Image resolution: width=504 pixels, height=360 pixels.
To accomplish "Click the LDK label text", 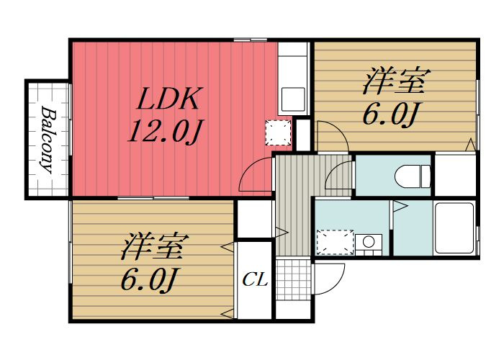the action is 168,99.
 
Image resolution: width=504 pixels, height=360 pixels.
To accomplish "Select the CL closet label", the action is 255,280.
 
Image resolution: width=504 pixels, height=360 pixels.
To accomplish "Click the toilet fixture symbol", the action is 413,176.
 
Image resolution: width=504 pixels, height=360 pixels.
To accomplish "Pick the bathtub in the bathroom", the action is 454,228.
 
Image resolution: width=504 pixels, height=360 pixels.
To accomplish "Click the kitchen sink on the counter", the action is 293,99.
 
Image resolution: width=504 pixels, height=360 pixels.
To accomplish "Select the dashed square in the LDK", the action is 278,132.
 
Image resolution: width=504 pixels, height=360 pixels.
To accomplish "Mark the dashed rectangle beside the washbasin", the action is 336,243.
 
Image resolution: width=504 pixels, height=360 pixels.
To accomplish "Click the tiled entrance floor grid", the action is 294,279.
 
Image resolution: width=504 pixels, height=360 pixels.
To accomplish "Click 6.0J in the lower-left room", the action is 148,280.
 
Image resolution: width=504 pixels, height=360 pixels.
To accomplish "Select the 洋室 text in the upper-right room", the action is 396,81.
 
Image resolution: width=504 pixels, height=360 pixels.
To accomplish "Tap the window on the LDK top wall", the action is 251,40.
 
